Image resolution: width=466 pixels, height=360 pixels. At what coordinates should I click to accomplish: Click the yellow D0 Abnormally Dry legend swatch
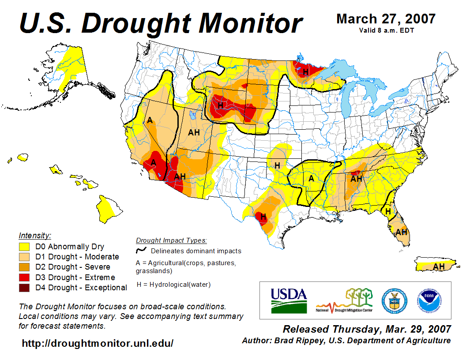24,247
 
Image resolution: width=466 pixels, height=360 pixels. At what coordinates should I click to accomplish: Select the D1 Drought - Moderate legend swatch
24,257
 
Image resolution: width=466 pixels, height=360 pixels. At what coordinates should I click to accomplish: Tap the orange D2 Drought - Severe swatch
24,267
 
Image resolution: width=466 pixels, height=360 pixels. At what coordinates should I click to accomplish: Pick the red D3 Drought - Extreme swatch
24,277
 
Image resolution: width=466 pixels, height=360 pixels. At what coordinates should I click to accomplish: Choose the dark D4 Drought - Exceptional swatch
24,288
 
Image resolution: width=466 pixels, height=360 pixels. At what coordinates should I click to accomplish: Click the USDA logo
289,300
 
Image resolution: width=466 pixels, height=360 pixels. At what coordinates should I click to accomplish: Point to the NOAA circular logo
428,300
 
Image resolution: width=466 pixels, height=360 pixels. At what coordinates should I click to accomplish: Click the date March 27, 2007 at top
386,19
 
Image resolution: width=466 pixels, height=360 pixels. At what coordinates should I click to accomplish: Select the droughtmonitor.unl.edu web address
98,343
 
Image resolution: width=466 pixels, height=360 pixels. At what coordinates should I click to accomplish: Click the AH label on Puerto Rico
439,266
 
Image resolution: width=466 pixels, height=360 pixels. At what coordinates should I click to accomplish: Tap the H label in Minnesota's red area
305,71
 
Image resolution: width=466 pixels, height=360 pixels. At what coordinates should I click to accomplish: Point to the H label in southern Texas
263,217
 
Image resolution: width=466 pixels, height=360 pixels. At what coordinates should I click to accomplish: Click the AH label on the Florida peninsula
401,232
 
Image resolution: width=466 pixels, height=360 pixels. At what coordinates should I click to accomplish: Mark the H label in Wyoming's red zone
220,105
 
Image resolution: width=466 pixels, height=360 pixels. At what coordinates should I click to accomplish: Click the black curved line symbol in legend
142,251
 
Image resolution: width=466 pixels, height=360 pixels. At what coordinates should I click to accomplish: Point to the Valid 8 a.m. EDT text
386,30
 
